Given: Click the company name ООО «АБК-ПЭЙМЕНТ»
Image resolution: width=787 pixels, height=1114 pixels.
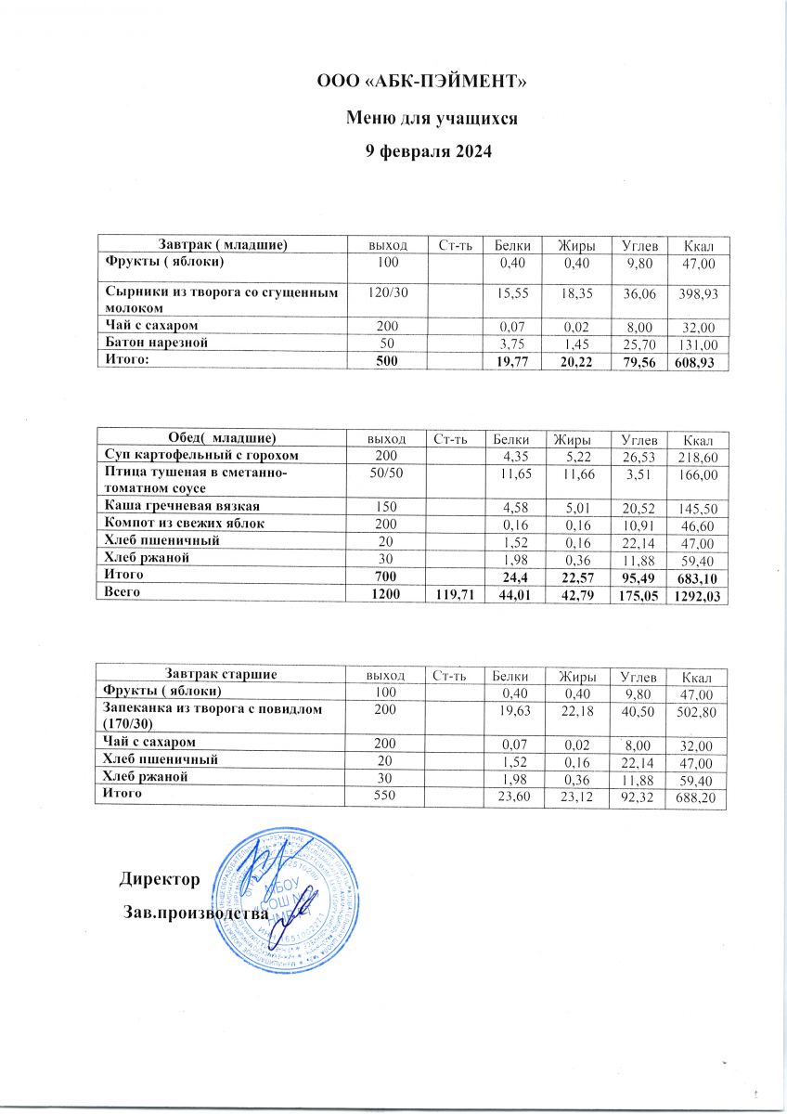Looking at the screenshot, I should click(x=422, y=84).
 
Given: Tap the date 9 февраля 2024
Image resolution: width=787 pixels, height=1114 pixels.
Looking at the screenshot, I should click(x=422, y=151).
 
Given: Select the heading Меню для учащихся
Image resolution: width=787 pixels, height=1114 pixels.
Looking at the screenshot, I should click(x=422, y=118).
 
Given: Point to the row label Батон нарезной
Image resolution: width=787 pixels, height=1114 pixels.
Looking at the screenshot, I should click(x=154, y=342).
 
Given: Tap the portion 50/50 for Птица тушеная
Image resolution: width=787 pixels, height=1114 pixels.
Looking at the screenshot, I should click(x=383, y=474).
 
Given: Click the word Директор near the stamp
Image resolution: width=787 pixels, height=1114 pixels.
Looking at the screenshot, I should click(x=160, y=877).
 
